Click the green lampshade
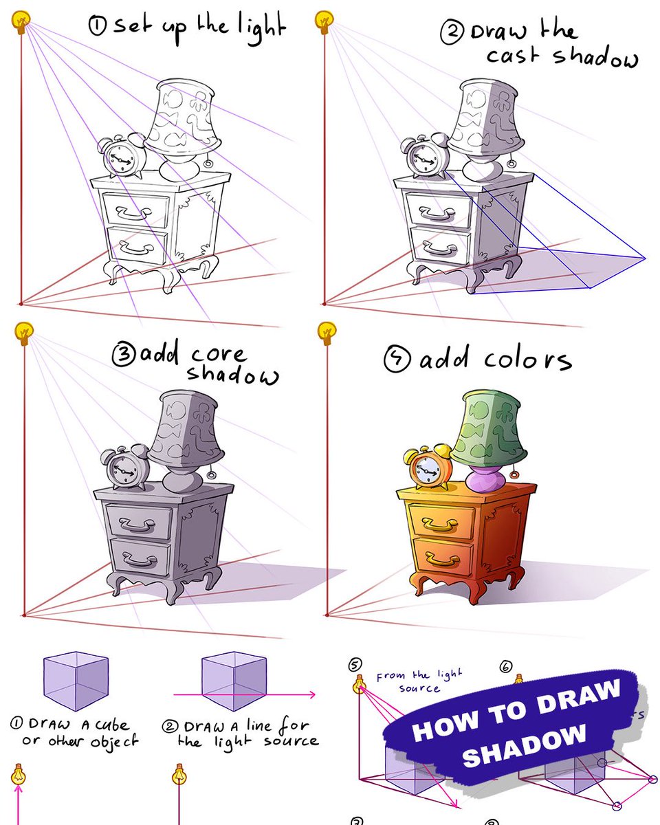(x=488, y=426)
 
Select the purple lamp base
(x=487, y=478)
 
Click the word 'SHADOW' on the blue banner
(x=524, y=744)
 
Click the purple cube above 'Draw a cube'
(x=76, y=681)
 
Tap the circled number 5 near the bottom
(x=355, y=664)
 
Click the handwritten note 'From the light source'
(x=419, y=681)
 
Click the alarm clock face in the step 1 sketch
(x=121, y=160)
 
